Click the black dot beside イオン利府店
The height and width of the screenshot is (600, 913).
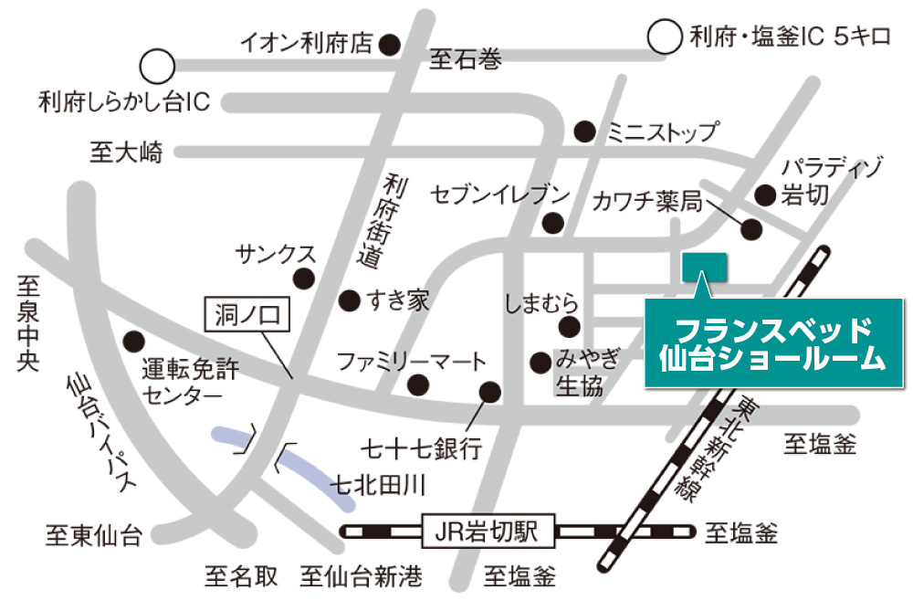[x=390, y=43]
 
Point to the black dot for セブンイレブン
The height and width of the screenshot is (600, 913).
[x=551, y=222]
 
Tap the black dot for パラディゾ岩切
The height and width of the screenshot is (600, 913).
[x=765, y=195]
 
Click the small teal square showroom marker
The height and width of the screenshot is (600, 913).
[x=704, y=266]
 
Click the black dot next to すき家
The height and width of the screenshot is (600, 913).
[x=348, y=300]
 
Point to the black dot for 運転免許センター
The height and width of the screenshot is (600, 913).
[x=135, y=341]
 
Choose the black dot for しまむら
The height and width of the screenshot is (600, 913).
[x=570, y=327]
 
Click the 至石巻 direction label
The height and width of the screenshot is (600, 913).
[x=466, y=61]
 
